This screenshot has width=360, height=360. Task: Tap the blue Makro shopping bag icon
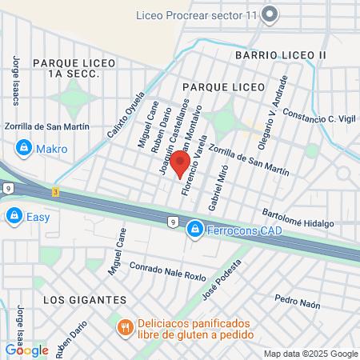click(x=24, y=148)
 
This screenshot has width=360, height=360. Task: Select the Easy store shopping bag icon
click(x=14, y=215)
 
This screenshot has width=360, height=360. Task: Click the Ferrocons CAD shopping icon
click(x=194, y=230)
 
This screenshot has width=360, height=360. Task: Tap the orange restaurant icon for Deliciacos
click(x=125, y=327)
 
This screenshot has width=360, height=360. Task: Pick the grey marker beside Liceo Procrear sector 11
click(x=269, y=14)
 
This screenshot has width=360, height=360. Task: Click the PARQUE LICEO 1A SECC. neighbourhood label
click(x=66, y=67)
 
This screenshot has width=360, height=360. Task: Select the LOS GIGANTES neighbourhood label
click(x=84, y=299)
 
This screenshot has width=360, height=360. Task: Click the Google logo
click(x=26, y=350)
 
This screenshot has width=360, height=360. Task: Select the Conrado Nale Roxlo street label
click(x=168, y=273)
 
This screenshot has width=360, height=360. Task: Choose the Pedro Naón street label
click(x=297, y=301)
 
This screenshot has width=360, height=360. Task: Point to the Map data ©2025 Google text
click(x=311, y=354)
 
